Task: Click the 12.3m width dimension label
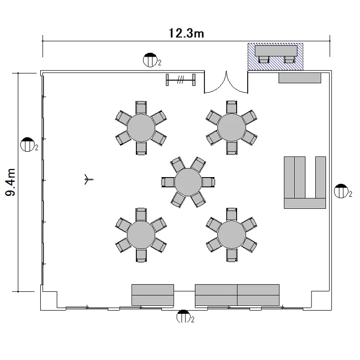(186, 33)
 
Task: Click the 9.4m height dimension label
(11, 182)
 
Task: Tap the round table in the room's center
(188, 182)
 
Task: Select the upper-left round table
(141, 128)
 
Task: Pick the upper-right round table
(231, 127)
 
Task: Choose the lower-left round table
(141, 235)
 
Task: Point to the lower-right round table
(231, 235)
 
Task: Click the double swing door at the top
(226, 83)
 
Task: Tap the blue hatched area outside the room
(276, 57)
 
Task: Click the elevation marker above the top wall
(150, 60)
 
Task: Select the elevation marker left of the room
(27, 144)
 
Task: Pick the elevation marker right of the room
(341, 191)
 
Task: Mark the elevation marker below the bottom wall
(183, 316)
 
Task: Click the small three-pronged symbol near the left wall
(88, 180)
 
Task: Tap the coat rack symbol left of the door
(180, 80)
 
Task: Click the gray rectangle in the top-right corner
(300, 78)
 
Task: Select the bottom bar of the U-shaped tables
(305, 204)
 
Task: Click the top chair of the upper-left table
(141, 108)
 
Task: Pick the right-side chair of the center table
(208, 182)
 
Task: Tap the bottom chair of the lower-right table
(231, 255)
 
